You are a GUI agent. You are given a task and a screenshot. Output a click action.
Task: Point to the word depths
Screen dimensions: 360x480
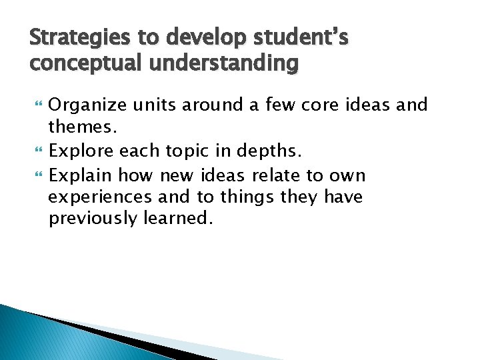[x=269, y=151]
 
